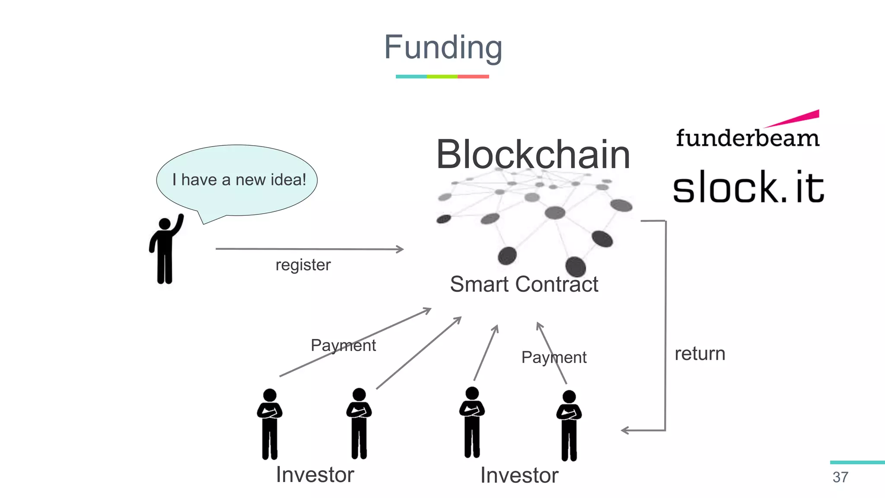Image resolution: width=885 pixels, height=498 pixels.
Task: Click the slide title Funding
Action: click(x=443, y=48)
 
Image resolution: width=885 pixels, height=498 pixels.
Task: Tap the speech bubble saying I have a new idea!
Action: click(x=238, y=179)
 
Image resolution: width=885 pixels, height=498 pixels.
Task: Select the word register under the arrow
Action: click(x=303, y=265)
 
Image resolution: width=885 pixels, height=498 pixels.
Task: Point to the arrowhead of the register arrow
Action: click(x=401, y=249)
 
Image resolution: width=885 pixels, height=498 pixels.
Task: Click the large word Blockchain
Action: click(x=533, y=154)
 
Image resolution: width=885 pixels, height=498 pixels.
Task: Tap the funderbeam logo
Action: click(x=748, y=138)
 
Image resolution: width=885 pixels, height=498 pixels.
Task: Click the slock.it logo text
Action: click(x=748, y=187)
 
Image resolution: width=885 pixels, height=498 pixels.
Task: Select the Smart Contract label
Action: click(x=524, y=284)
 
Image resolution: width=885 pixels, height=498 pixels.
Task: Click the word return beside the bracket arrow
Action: click(x=700, y=354)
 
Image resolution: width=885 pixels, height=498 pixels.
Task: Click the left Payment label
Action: click(x=343, y=345)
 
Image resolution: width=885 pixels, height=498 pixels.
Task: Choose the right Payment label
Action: click(x=554, y=358)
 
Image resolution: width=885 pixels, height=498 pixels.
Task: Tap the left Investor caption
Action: click(x=315, y=475)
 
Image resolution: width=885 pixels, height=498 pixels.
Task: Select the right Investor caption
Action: click(x=519, y=476)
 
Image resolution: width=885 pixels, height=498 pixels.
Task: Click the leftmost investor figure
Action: click(x=270, y=424)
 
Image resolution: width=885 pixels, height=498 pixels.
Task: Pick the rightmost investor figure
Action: click(x=569, y=425)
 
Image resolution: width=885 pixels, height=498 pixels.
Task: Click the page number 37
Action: click(x=840, y=477)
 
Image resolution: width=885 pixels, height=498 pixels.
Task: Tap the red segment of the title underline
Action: click(x=473, y=77)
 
